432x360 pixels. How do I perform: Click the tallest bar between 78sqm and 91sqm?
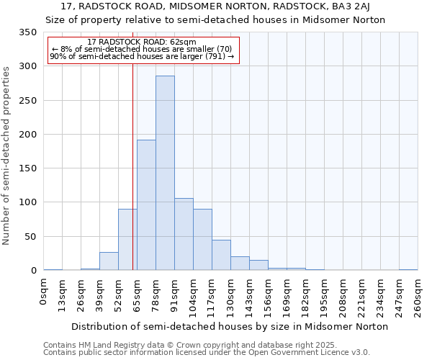point(165,173)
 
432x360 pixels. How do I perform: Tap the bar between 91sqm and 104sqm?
point(184,234)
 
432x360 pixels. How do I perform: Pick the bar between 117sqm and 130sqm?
point(221,255)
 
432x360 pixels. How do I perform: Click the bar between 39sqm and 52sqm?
point(109,261)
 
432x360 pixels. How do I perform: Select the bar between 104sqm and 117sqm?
point(202,240)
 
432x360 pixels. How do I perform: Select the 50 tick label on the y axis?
point(30,236)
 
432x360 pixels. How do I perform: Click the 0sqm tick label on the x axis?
point(44,291)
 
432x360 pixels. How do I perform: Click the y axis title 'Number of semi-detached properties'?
point(6,155)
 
